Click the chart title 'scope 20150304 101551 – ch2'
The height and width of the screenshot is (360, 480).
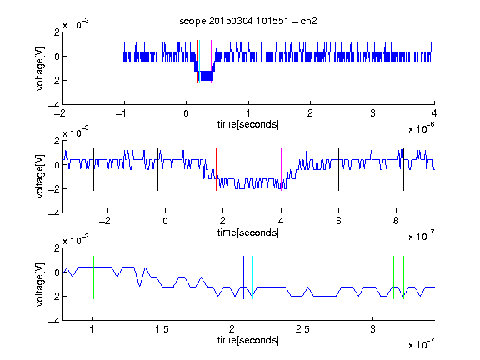click(248, 21)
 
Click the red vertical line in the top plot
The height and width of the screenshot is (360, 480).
click(197, 62)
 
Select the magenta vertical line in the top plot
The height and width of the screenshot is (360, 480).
click(211, 62)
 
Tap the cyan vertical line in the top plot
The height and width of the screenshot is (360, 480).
click(200, 62)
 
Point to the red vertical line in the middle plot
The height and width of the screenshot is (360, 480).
click(216, 170)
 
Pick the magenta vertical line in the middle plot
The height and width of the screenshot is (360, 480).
click(281, 170)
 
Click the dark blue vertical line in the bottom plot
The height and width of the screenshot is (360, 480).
click(243, 277)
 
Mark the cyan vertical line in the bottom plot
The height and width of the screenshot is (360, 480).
click(252, 277)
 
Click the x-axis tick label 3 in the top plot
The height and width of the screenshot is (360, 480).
click(372, 113)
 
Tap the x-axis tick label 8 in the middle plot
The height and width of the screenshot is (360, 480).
click(396, 221)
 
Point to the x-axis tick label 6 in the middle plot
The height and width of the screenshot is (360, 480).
click(338, 221)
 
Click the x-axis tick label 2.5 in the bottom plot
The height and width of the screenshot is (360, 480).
click(302, 329)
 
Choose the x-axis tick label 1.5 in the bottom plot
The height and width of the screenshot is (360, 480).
click(162, 329)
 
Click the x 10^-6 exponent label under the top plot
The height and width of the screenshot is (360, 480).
click(422, 128)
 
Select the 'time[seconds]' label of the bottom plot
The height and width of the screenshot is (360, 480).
click(248, 340)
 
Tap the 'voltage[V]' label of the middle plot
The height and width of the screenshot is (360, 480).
click(40, 177)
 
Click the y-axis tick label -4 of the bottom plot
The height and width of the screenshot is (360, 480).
click(54, 321)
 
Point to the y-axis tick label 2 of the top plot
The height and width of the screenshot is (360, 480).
click(57, 32)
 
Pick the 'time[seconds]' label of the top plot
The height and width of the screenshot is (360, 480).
click(248, 124)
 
